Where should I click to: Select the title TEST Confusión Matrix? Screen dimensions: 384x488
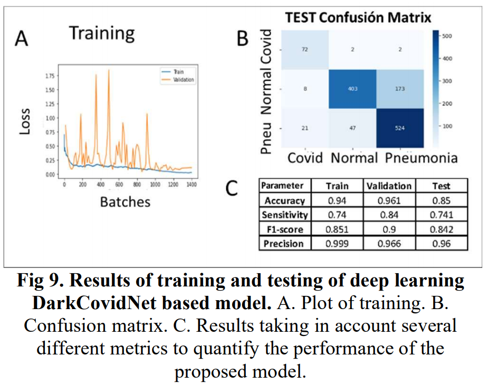[x=358, y=17]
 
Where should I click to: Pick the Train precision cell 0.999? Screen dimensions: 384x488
[x=337, y=244]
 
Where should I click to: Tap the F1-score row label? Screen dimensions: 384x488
[x=284, y=229]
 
